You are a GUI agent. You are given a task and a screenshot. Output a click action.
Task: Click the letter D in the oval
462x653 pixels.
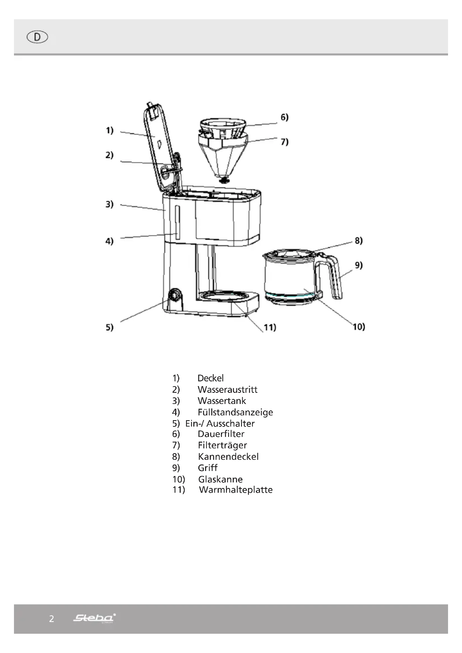(37, 37)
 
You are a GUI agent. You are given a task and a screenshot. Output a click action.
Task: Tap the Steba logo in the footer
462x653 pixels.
(94, 618)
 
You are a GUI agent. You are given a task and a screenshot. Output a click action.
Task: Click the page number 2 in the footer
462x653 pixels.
(51, 619)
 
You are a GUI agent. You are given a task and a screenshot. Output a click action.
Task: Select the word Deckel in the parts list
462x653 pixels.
(211, 378)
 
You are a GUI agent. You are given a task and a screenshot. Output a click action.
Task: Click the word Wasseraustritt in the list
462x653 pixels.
(227, 390)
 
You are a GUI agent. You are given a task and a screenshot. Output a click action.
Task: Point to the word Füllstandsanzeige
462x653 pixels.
(235, 412)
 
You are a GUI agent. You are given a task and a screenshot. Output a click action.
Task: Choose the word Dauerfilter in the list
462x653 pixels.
(221, 434)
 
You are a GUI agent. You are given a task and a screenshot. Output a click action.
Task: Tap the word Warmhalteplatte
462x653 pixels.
(235, 490)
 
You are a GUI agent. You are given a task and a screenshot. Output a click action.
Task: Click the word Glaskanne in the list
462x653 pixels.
(220, 479)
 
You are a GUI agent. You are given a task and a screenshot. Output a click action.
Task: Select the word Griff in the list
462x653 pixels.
(208, 468)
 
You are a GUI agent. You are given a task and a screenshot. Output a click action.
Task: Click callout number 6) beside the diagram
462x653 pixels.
(284, 117)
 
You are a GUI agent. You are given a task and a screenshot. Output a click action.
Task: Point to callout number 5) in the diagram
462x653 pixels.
(109, 327)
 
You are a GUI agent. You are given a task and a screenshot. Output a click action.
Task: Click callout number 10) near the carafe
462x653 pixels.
(359, 327)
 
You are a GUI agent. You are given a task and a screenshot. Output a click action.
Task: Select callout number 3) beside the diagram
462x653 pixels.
(109, 204)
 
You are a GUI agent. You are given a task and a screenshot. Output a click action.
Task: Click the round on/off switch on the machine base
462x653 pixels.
(174, 295)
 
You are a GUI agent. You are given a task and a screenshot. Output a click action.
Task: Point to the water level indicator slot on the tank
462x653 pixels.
(177, 222)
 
